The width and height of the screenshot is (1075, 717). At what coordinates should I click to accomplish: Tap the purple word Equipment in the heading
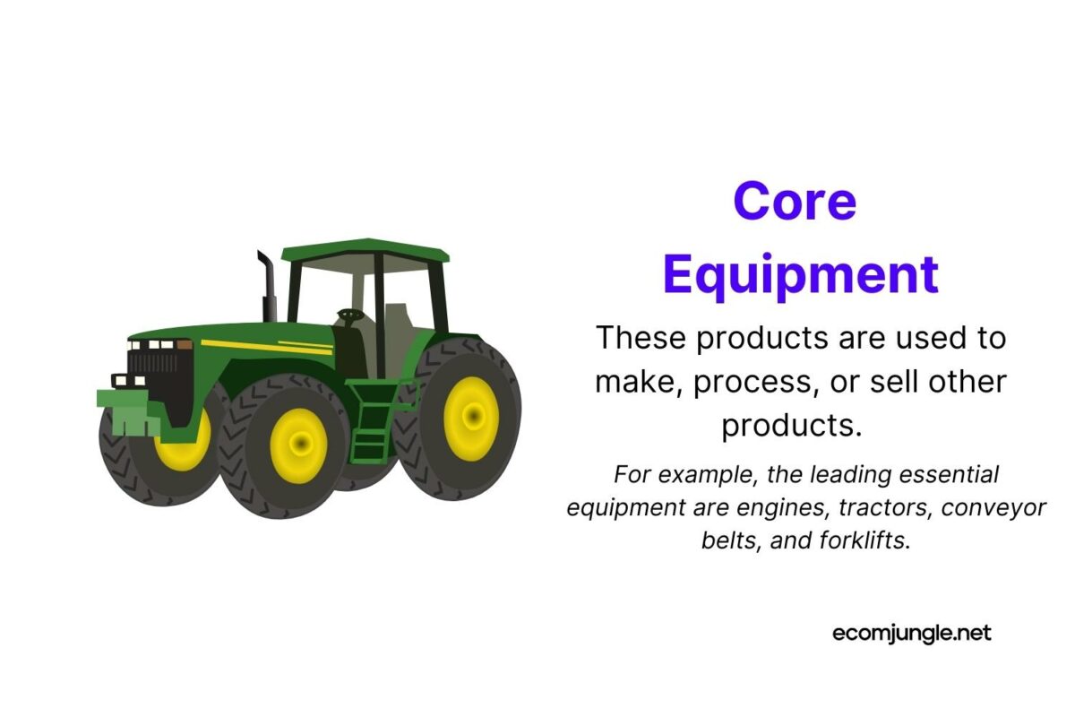tap(800, 274)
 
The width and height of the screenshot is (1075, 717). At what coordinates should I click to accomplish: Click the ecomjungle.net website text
tap(912, 633)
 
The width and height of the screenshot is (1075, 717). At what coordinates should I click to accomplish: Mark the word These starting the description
tap(641, 339)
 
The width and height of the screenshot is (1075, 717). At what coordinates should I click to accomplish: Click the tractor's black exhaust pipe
tap(268, 285)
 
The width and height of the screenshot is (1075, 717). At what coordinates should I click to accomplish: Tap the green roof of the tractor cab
tap(365, 250)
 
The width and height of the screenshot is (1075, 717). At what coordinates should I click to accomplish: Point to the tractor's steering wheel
tap(349, 315)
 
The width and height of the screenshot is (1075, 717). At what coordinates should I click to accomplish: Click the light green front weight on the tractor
tap(125, 411)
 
